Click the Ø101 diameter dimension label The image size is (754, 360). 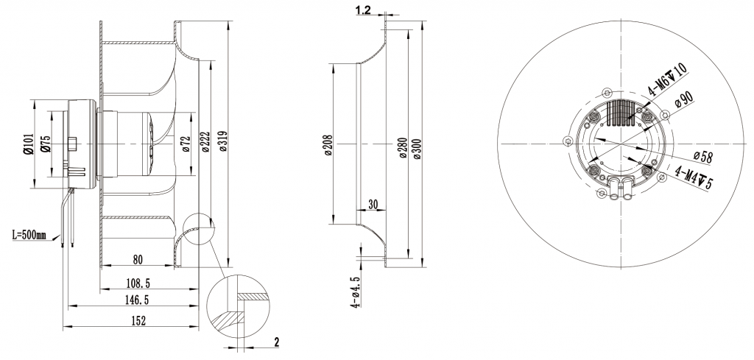click(27, 144)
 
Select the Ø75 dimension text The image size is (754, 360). click(46, 144)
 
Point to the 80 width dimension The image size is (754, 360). click(138, 258)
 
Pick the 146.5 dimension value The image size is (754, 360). click(138, 300)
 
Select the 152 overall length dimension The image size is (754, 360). click(138, 320)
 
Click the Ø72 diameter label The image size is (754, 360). click(186, 144)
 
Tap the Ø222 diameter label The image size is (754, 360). click(205, 143)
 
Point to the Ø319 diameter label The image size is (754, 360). click(223, 143)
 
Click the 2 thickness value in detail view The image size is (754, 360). click(276, 342)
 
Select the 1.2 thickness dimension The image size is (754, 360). click(362, 10)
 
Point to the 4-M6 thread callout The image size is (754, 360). click(667, 81)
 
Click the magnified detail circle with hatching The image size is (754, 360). click(239, 308)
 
